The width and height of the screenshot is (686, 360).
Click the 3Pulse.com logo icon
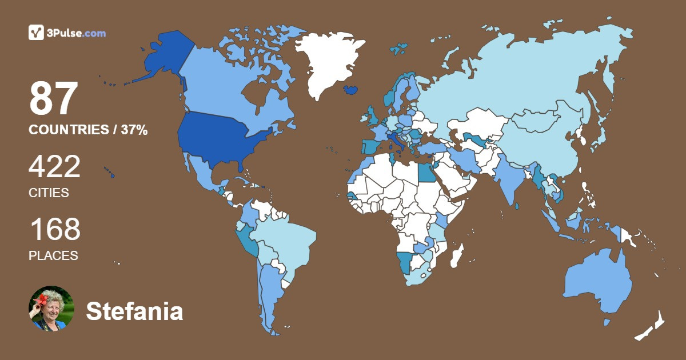pyautogui.click(x=36, y=33)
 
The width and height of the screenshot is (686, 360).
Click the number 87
pyautogui.click(x=53, y=98)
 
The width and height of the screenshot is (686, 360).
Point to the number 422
pyautogui.click(x=55, y=167)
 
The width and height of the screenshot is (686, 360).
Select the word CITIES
pyautogui.click(x=49, y=193)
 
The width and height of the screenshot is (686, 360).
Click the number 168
pyautogui.click(x=55, y=230)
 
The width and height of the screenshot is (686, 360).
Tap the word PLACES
pyautogui.click(x=53, y=255)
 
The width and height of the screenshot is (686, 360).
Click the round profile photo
pyautogui.click(x=51, y=309)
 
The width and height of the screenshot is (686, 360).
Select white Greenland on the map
pyautogui.click(x=332, y=63)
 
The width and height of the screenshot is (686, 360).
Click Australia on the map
pyautogui.click(x=597, y=283)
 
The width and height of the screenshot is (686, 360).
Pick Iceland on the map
pyautogui.click(x=351, y=90)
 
